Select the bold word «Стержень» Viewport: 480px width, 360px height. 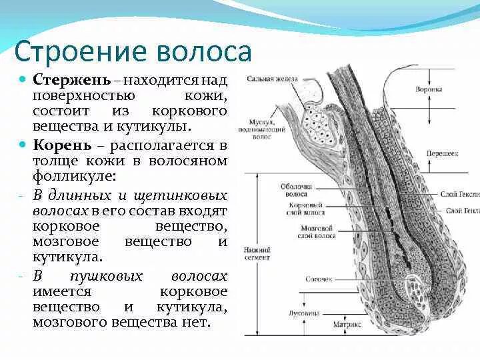click(71, 81)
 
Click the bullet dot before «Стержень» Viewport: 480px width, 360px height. click(23, 79)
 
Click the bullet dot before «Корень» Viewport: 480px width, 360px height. click(23, 143)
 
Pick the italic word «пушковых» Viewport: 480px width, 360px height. click(109, 276)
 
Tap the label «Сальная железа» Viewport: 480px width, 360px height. click(272, 79)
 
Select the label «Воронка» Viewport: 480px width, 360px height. click(429, 89)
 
